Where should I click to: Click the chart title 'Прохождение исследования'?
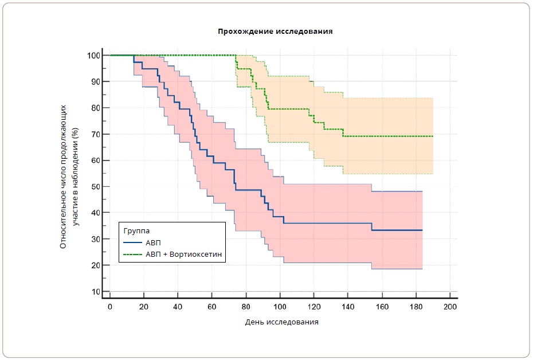tap(275, 32)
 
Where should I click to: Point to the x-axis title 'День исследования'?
tap(281, 322)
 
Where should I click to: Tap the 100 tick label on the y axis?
tap(94, 56)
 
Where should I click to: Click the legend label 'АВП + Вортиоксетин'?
tap(183, 254)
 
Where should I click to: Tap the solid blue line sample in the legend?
tap(132, 242)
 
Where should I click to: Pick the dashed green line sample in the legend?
tap(132, 254)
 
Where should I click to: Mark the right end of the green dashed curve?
tap(433, 136)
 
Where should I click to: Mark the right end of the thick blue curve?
tap(422, 230)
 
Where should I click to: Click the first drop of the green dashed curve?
tap(236, 62)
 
